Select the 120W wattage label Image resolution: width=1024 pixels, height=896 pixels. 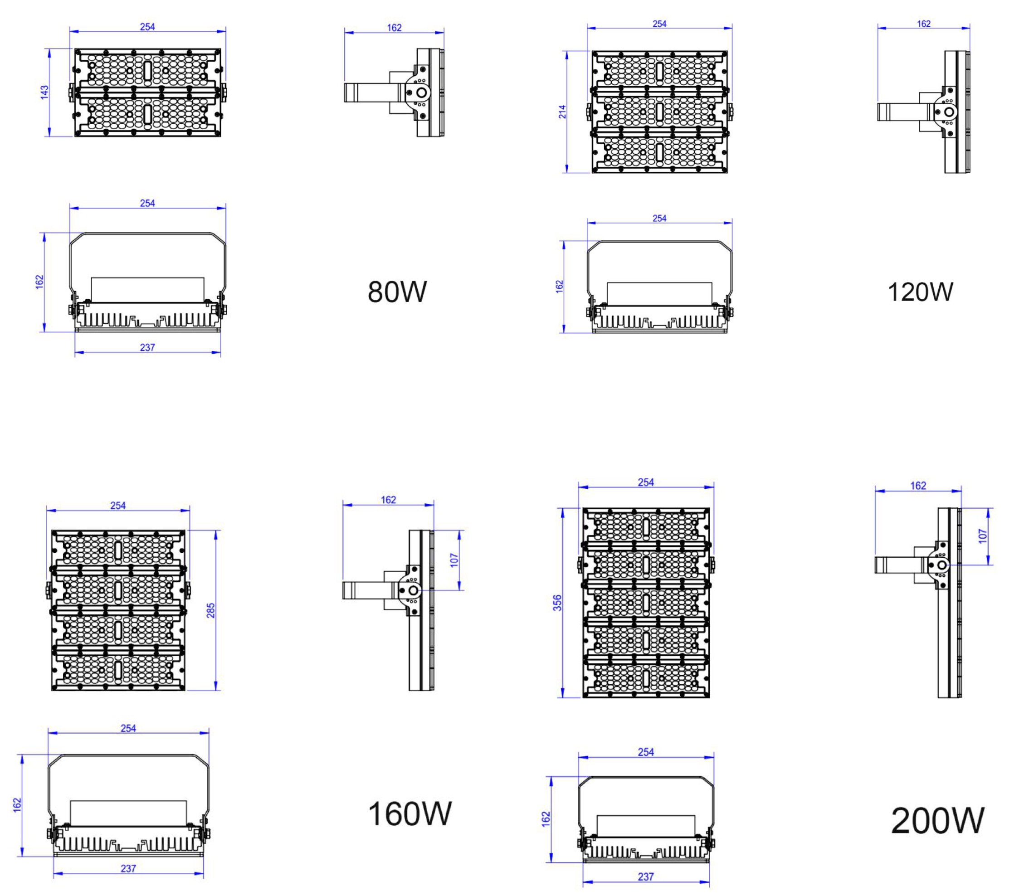click(920, 292)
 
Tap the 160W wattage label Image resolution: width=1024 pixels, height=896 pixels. click(410, 813)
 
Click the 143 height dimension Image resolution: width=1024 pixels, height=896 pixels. click(44, 92)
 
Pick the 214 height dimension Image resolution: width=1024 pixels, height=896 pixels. click(562, 112)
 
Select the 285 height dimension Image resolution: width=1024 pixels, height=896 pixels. click(210, 610)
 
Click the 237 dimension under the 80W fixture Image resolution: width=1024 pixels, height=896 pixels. click(147, 347)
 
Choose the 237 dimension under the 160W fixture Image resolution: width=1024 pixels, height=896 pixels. click(128, 868)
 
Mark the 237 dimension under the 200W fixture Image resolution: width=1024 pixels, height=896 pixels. click(645, 877)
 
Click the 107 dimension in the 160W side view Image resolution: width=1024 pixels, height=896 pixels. click(454, 560)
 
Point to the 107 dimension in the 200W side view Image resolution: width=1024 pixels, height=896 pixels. click(983, 536)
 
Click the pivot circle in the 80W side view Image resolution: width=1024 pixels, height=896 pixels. click(421, 93)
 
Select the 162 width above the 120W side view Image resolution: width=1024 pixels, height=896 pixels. click(923, 24)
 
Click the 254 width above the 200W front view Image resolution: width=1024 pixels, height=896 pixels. click(645, 482)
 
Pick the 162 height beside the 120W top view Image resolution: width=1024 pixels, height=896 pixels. click(559, 287)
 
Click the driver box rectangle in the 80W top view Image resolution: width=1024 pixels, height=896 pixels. click(147, 290)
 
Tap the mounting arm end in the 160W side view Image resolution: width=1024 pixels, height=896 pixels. click(348, 590)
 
